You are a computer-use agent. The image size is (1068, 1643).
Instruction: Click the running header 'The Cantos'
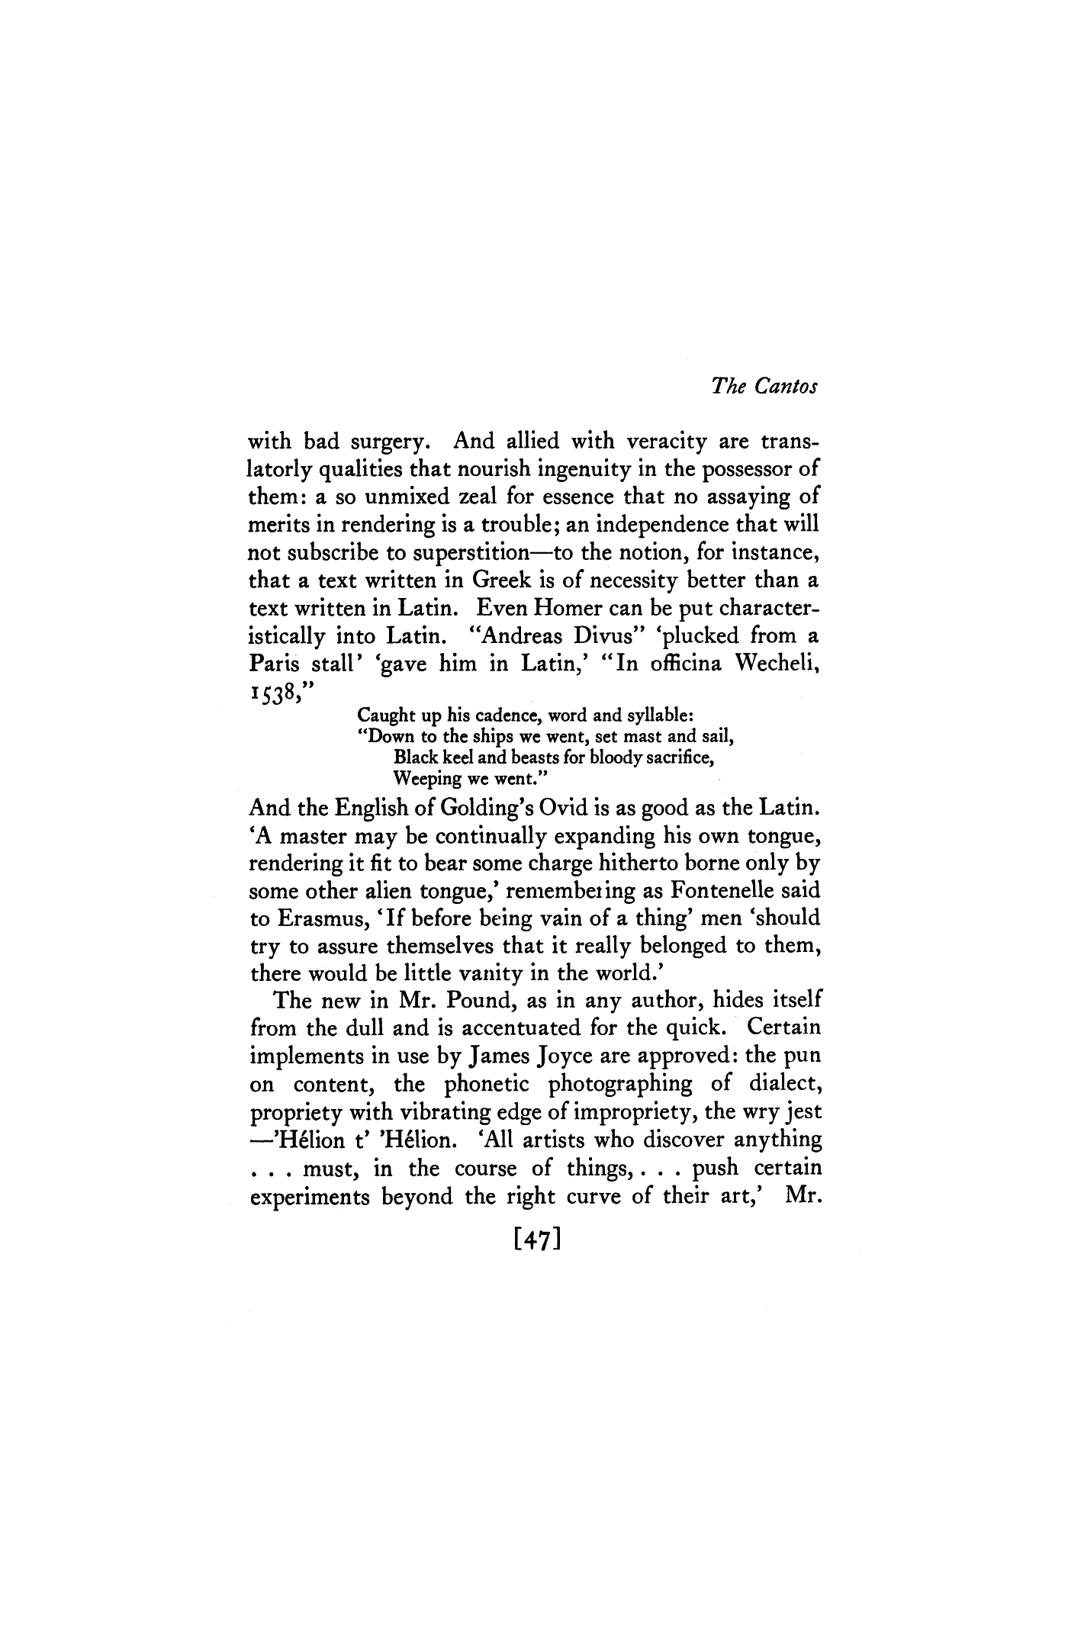[764, 387]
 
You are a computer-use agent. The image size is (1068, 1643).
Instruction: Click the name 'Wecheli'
[777, 664]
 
